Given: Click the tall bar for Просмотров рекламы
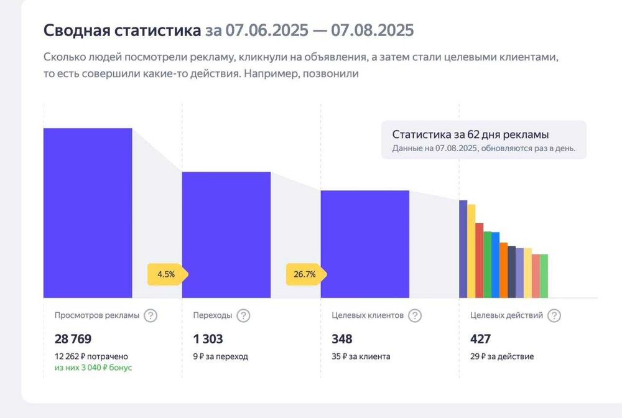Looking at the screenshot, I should pyautogui.click(x=88, y=213).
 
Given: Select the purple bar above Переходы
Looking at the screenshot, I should pyautogui.click(x=226, y=235).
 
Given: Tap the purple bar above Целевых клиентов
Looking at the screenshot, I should pyautogui.click(x=364, y=244).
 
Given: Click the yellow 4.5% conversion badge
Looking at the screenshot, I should pyautogui.click(x=166, y=274).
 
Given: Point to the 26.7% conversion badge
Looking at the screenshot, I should pyautogui.click(x=305, y=274).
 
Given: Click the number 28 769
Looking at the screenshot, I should pyautogui.click(x=73, y=339).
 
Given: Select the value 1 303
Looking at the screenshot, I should pyautogui.click(x=208, y=339).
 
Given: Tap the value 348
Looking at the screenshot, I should pyautogui.click(x=342, y=339).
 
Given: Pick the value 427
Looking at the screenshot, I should pyautogui.click(x=481, y=339).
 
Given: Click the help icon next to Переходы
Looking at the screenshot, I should pyautogui.click(x=243, y=315).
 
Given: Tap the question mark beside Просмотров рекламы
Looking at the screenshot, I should pyautogui.click(x=151, y=315).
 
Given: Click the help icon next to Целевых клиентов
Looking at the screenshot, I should pyautogui.click(x=415, y=315).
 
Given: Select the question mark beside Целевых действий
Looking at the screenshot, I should pyautogui.click(x=554, y=315).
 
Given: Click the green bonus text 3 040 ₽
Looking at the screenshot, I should pyautogui.click(x=93, y=368).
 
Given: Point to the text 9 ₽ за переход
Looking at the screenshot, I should pyautogui.click(x=220, y=356).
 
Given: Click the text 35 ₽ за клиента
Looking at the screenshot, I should pyautogui.click(x=361, y=356).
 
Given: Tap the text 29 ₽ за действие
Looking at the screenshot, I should pyautogui.click(x=503, y=356).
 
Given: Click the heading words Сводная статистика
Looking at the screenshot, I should pyautogui.click(x=122, y=30).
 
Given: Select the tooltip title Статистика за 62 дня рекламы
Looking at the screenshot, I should pyautogui.click(x=470, y=134).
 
